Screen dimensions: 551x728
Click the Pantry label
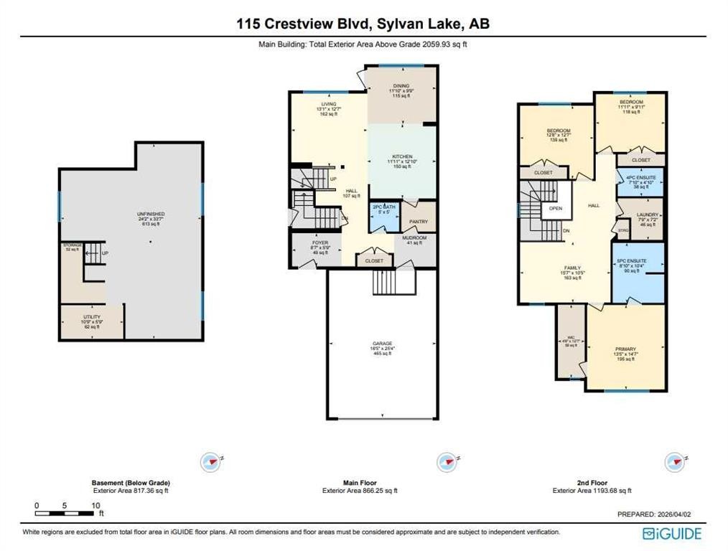pyautogui.click(x=419, y=222)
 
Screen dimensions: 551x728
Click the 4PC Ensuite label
pyautogui.click(x=633, y=177)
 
